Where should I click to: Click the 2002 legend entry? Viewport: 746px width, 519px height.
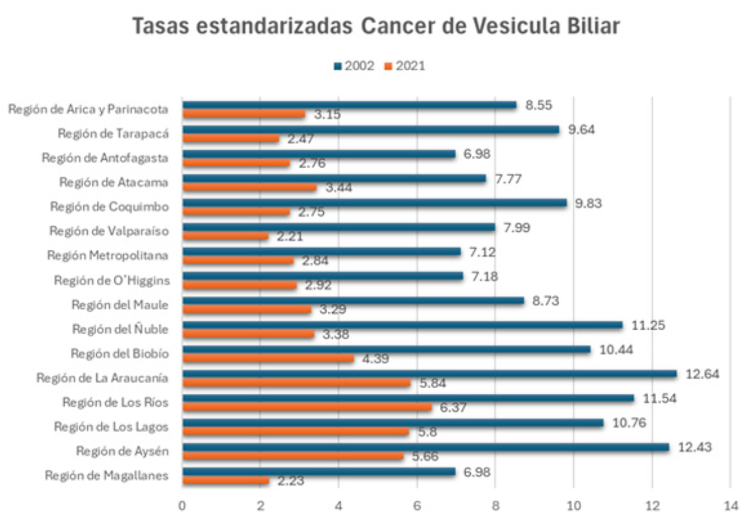(x=354, y=66)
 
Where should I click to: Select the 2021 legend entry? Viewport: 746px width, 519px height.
(x=405, y=66)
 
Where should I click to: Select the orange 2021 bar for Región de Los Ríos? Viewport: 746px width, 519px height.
(x=307, y=407)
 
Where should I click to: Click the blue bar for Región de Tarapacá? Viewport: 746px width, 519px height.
(x=371, y=130)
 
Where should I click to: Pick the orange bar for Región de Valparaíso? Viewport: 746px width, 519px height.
(x=225, y=236)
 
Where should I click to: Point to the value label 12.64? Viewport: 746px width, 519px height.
(x=702, y=374)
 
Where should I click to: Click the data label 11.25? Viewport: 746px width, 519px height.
(x=648, y=325)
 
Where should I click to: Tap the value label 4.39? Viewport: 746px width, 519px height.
(x=375, y=359)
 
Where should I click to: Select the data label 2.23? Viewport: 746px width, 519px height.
(x=290, y=481)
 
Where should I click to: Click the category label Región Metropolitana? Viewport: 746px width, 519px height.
(x=108, y=256)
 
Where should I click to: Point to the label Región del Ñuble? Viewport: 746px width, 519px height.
(x=120, y=329)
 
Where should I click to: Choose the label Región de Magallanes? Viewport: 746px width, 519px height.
(x=106, y=475)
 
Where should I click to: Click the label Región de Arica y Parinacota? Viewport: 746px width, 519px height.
(x=88, y=109)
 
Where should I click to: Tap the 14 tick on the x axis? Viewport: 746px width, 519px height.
(x=730, y=505)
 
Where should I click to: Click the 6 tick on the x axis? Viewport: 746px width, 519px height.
(x=417, y=505)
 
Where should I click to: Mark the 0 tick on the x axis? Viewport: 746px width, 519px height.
(x=182, y=505)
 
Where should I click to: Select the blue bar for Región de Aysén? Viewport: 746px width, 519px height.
(x=425, y=448)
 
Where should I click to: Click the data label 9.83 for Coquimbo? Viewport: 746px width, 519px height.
(x=588, y=203)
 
